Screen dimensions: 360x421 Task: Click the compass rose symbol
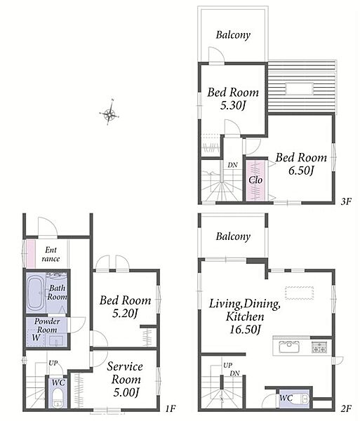tap(109, 114)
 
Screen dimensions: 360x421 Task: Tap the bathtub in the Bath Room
tap(35, 293)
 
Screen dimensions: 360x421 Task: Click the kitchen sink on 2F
tap(289, 347)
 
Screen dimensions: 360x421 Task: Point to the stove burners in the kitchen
tap(319, 347)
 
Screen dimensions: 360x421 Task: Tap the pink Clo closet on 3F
tap(255, 180)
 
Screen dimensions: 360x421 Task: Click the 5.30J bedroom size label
tap(233, 105)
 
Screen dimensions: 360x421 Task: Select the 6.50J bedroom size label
tap(301, 171)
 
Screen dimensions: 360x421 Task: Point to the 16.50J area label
tap(245, 330)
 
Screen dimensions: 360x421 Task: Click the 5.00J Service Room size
tap(126, 392)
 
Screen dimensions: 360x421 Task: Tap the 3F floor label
tap(346, 201)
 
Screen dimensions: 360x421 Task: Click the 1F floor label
tap(171, 408)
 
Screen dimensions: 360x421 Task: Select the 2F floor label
tap(346, 408)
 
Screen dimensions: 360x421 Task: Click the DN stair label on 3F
tap(232, 165)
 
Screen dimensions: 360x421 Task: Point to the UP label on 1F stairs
tap(53, 363)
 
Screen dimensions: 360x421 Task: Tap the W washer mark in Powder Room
tap(36, 338)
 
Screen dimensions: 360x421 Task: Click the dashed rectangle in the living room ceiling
tap(300, 293)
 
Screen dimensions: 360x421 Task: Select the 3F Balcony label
tap(233, 35)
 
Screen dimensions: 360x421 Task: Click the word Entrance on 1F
tap(51, 254)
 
